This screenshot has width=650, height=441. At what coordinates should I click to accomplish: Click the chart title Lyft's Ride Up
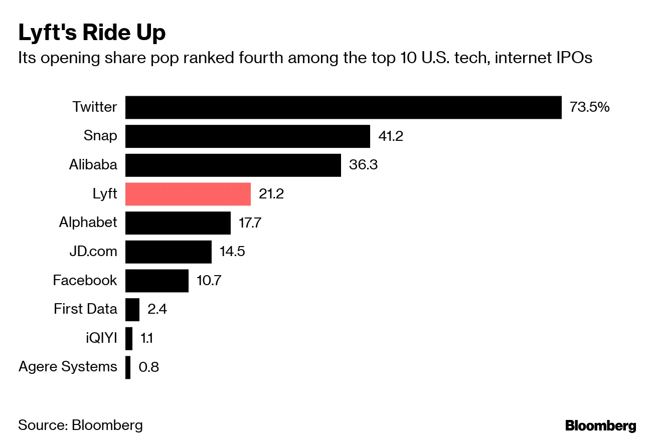92,34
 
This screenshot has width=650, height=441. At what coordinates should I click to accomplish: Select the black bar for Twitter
343,107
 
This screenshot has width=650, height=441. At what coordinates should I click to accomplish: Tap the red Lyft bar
188,194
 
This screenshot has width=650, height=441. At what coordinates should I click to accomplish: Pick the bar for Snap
247,136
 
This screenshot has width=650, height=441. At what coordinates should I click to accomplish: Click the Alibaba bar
233,165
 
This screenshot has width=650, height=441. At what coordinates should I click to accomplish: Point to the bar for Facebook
156,281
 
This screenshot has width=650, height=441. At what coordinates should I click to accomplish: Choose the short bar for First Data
132,309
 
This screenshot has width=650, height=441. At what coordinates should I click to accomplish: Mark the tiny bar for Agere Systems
128,367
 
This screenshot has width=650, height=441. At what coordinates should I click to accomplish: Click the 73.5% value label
589,107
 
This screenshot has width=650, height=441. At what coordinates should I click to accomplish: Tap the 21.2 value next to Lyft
271,194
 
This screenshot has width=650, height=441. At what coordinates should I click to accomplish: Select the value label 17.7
250,223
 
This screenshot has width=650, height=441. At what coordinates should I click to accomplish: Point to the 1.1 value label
146,338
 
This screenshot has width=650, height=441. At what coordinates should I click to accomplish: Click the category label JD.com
93,252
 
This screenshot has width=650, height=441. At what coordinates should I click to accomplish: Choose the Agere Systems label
68,367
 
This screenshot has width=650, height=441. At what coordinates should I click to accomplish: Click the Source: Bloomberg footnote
80,425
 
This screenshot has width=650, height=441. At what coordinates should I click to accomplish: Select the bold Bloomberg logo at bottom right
600,426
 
